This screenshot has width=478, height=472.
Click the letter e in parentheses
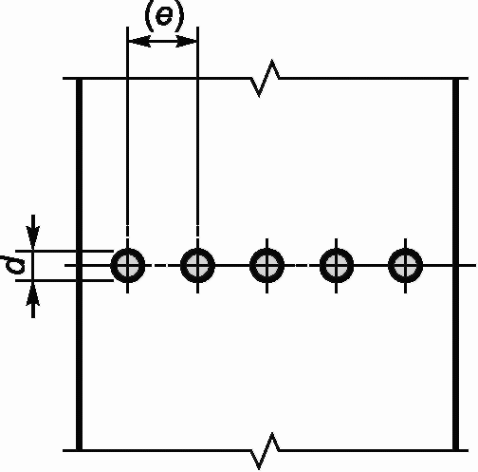click(x=164, y=15)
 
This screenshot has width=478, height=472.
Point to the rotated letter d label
click(x=13, y=265)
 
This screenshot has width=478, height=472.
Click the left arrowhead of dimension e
click(x=138, y=41)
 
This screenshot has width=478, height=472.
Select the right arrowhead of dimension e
click(x=186, y=41)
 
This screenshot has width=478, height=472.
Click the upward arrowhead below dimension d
click(x=33, y=293)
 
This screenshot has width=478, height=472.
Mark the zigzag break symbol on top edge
click(x=265, y=78)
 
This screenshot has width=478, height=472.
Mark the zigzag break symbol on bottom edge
click(x=265, y=450)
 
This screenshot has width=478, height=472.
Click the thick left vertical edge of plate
click(x=80, y=264)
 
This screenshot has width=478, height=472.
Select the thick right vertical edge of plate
click(x=455, y=264)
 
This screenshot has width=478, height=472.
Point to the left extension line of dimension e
click(x=127, y=131)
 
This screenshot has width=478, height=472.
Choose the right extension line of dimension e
click(x=197, y=131)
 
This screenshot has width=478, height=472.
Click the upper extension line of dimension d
click(x=64, y=251)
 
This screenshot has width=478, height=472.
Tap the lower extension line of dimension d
click(x=64, y=280)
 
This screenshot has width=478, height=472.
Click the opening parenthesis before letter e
click(x=149, y=16)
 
